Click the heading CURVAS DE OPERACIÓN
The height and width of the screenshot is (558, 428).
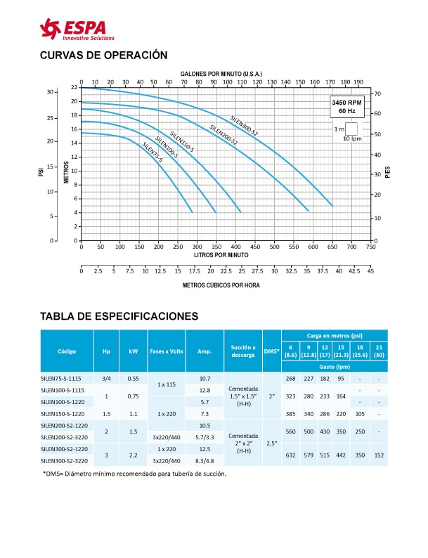pyautogui.click(x=103, y=55)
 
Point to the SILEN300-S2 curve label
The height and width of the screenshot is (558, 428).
pyautogui.click(x=244, y=124)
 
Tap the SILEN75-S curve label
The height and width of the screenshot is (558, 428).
pyautogui.click(x=152, y=152)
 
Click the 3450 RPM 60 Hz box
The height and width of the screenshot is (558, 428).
pyautogui.click(x=346, y=107)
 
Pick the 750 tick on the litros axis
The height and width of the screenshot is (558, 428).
pyautogui.click(x=370, y=247)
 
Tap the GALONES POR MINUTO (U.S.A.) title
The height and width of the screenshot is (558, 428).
pyautogui.click(x=221, y=74)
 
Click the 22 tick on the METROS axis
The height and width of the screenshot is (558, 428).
pyautogui.click(x=74, y=87)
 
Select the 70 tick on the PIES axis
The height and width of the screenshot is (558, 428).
pyautogui.click(x=377, y=93)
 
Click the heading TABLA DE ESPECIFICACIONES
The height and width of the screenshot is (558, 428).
pyautogui.click(x=119, y=317)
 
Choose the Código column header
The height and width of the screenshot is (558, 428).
pyautogui.click(x=67, y=351)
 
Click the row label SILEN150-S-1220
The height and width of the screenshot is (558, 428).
pyautogui.click(x=63, y=414)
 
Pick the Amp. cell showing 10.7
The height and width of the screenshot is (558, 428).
pyautogui.click(x=205, y=378)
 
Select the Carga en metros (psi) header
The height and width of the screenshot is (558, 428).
pyautogui.click(x=334, y=336)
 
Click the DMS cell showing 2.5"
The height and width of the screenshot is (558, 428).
pyautogui.click(x=271, y=444)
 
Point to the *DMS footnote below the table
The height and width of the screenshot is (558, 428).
pyautogui.click(x=134, y=474)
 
